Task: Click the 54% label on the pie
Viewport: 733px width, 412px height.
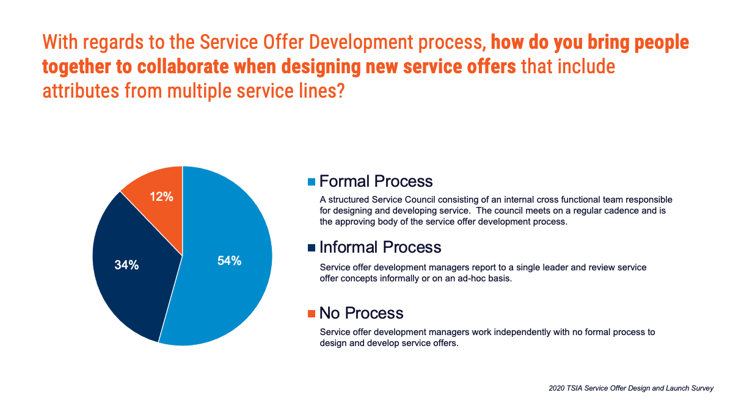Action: click(x=230, y=261)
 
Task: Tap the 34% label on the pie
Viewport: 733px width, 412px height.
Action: click(x=126, y=265)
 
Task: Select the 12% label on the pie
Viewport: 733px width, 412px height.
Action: click(x=161, y=197)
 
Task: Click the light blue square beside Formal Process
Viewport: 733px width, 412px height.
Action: click(x=312, y=182)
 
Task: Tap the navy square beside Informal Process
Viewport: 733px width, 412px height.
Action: click(x=312, y=248)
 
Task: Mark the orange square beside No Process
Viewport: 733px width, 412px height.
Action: click(x=312, y=314)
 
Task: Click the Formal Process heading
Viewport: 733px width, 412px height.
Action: click(x=376, y=181)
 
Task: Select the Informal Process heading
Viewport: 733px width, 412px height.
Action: click(x=380, y=247)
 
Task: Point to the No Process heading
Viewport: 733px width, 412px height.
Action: click(x=361, y=313)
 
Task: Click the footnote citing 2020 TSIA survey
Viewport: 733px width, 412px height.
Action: click(x=631, y=388)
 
